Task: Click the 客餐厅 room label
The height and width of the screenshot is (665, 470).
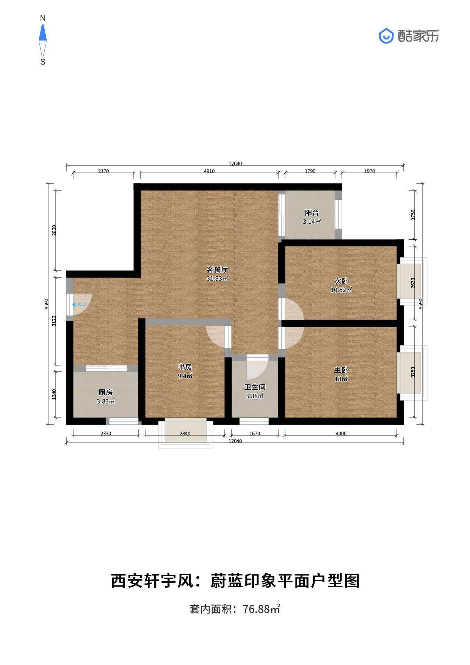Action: [217, 270]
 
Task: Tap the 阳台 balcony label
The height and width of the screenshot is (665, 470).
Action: [312, 213]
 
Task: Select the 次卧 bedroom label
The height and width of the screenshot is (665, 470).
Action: [341, 281]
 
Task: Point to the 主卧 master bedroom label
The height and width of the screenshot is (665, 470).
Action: [341, 370]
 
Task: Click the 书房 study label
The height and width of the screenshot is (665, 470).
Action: [185, 367]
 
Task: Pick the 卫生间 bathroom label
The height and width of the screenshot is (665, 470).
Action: [255, 387]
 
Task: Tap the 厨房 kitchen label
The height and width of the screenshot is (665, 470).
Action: [105, 392]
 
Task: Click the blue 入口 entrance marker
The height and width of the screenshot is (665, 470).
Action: [79, 304]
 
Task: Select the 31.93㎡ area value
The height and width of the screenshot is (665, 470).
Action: [217, 279]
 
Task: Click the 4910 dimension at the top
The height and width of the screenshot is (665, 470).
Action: [209, 171]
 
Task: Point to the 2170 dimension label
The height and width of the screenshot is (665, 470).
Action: [103, 171]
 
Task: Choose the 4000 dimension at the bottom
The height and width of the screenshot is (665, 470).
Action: [341, 434]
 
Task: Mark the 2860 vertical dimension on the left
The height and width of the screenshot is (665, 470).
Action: [54, 230]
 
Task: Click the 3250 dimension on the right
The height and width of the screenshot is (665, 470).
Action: [413, 372]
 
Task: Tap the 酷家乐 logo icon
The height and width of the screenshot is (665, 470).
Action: [386, 36]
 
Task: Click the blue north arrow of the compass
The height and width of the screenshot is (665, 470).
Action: [43, 33]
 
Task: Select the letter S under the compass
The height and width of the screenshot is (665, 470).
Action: [43, 62]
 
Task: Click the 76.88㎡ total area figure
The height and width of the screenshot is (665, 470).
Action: [261, 609]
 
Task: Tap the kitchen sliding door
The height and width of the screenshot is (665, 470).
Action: [106, 368]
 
